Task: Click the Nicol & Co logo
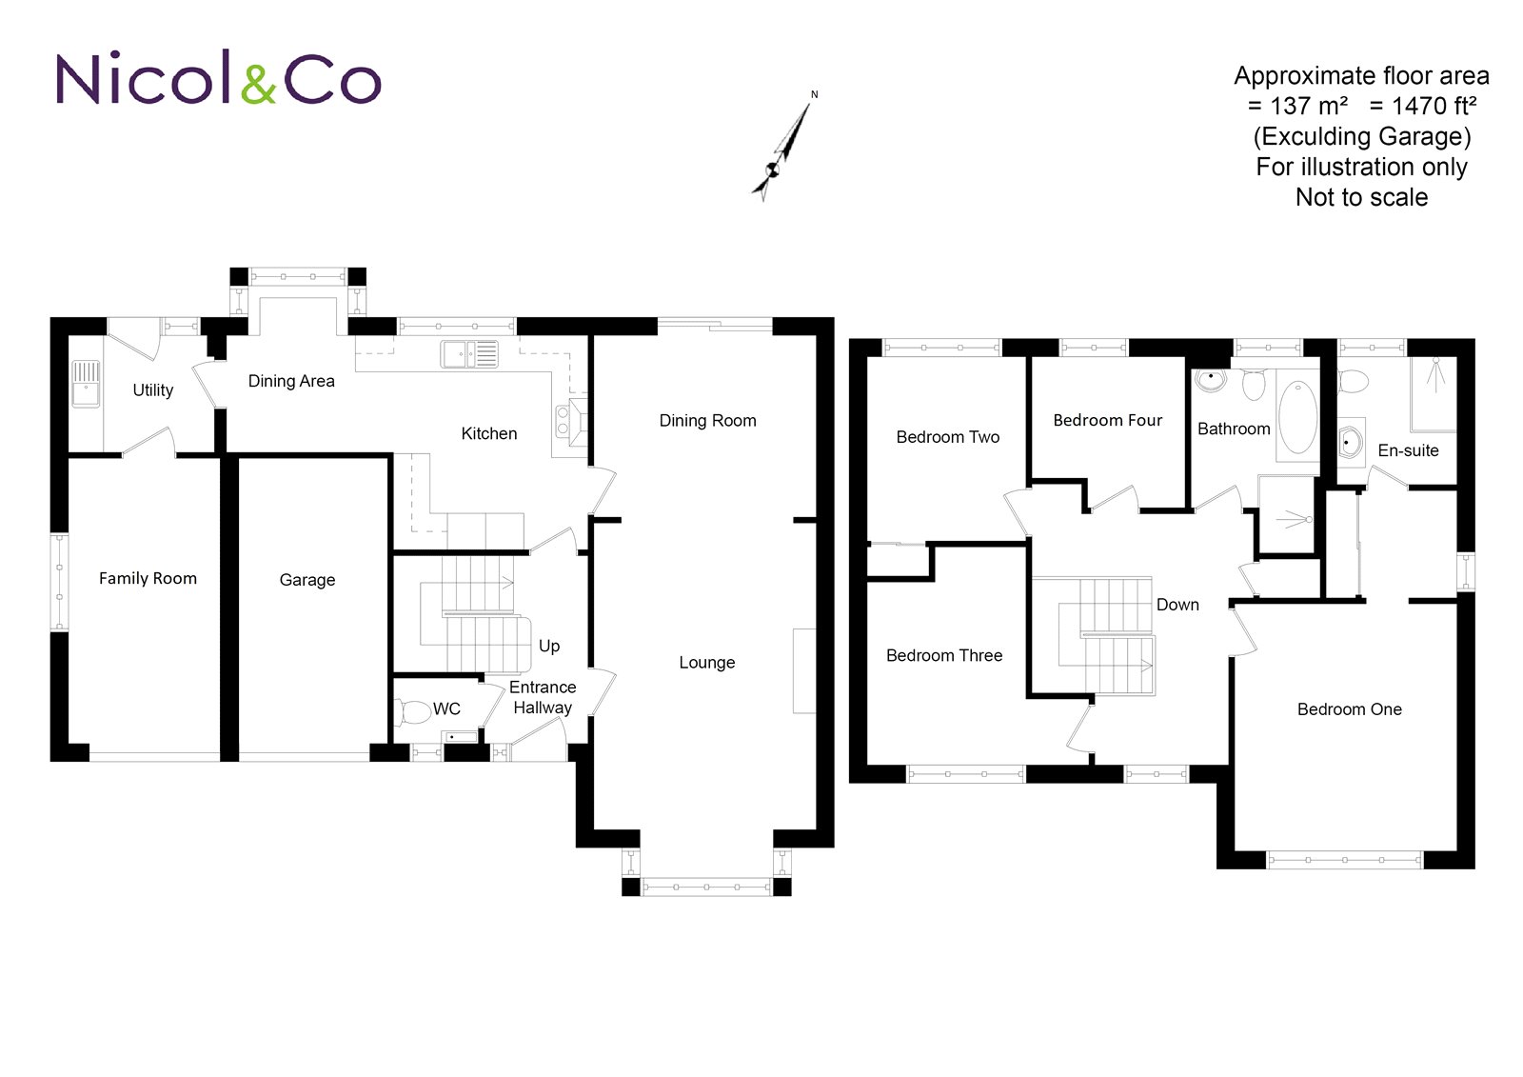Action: coord(218,77)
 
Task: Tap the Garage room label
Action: coord(307,580)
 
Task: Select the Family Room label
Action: coord(148,578)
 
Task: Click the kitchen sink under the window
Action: coord(470,354)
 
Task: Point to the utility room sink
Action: coord(86,384)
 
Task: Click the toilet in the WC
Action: coord(412,712)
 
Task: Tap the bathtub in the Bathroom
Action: coord(1298,416)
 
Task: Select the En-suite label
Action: coord(1408,450)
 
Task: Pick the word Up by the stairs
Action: coord(549,647)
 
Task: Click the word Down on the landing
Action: coord(1177,605)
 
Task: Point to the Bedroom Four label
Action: coord(1108,421)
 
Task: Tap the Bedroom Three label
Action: coord(944,655)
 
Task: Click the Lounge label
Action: coord(707,663)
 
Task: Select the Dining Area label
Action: coord(291,381)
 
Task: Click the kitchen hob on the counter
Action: coord(563,421)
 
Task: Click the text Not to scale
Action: coord(1361,197)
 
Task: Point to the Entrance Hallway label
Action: coord(543,697)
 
